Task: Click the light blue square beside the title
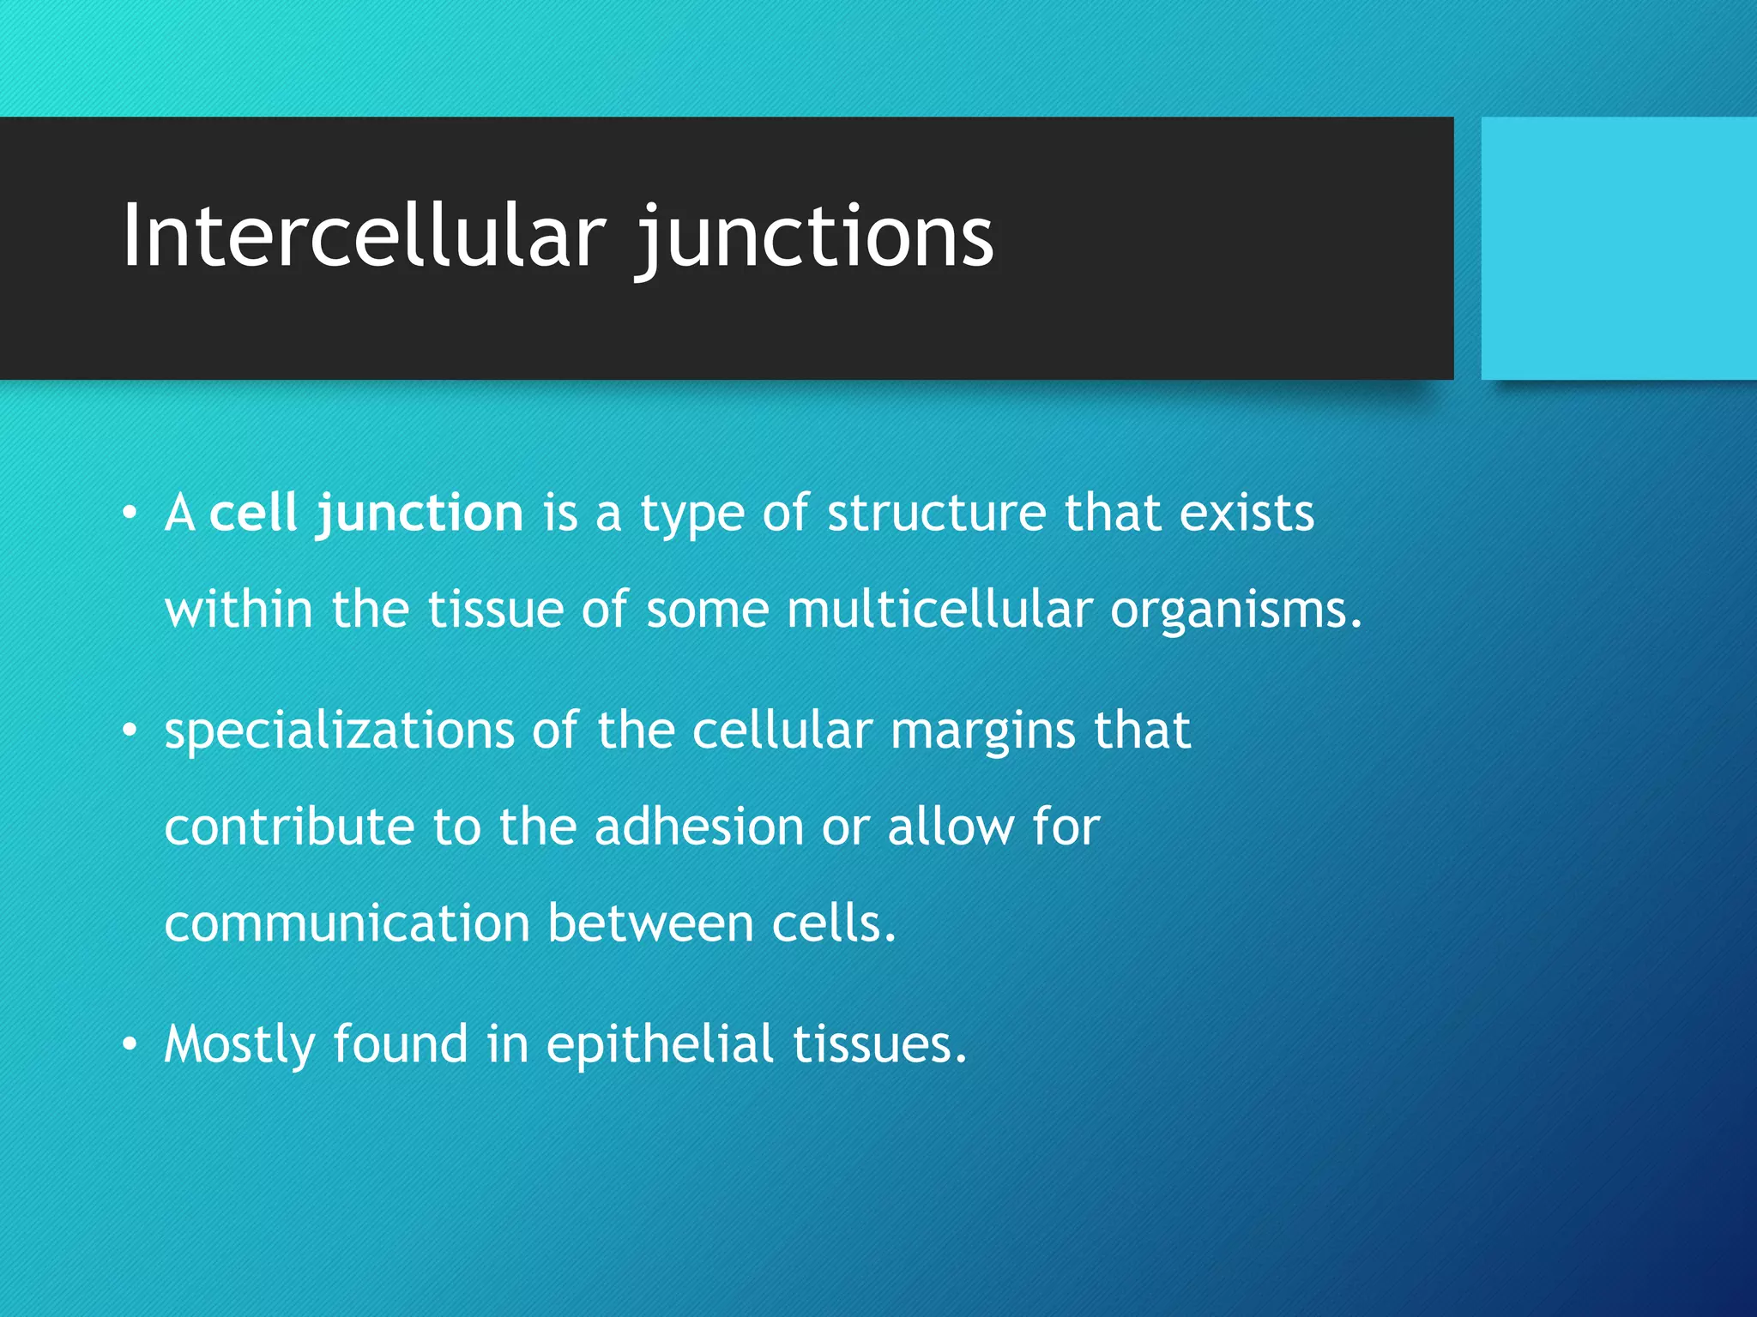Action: (x=1618, y=248)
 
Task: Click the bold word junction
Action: (x=420, y=515)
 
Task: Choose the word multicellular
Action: (x=939, y=610)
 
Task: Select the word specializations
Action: (x=339, y=732)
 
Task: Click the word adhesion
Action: (x=698, y=827)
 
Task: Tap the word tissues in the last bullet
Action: (x=879, y=1044)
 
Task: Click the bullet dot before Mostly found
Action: (x=130, y=1044)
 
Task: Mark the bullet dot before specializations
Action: (x=130, y=731)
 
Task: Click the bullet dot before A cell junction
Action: (x=130, y=514)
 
